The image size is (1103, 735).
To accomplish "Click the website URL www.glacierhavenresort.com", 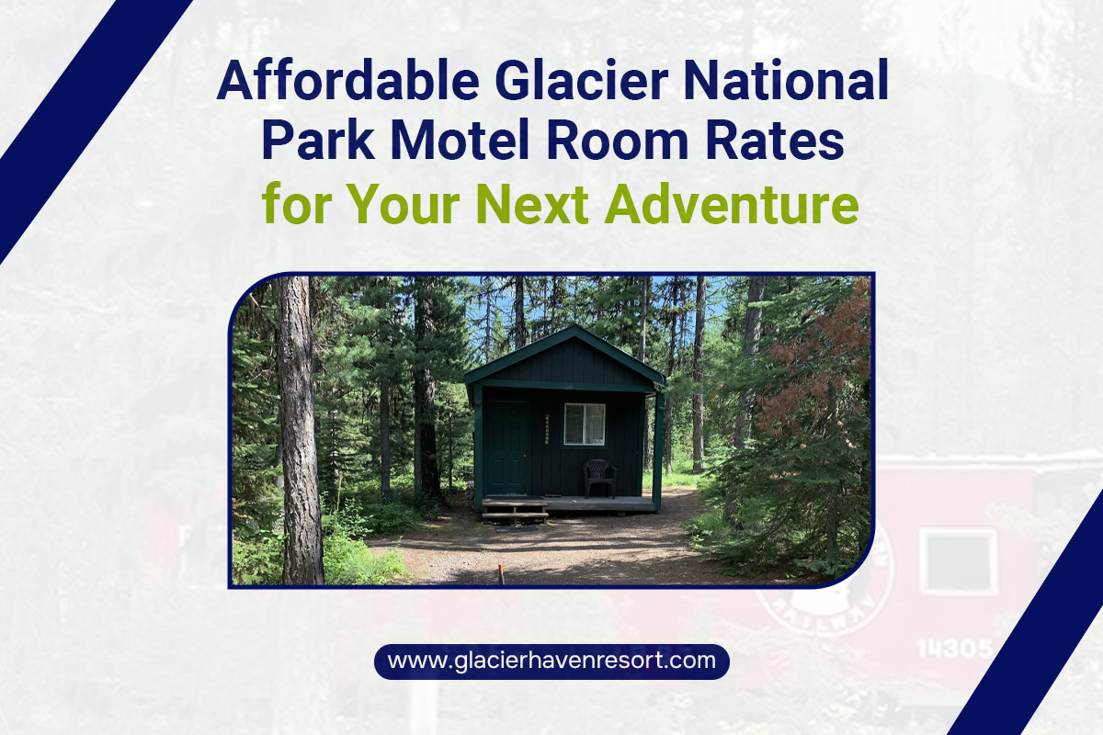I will click(551, 661).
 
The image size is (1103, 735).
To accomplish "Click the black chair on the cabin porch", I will click(599, 478).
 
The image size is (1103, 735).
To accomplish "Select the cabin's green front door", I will click(506, 447).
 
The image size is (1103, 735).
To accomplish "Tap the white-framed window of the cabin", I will click(585, 424).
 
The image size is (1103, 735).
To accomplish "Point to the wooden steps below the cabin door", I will click(515, 511).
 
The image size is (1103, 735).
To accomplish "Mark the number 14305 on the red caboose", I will click(952, 649).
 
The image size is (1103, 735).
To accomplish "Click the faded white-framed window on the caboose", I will click(959, 561).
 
